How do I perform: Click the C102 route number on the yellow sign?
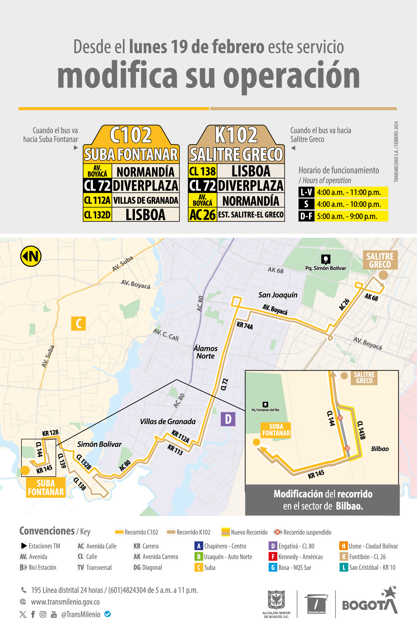coord(131,135)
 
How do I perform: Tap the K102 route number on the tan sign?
coord(236,135)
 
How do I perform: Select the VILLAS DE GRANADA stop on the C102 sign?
coord(145,200)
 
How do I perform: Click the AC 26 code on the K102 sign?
coord(202,215)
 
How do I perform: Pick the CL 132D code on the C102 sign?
coord(97,215)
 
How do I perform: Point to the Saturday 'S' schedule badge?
coord(306,204)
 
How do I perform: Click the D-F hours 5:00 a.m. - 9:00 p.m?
coord(347,216)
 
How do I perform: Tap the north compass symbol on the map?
coord(31,256)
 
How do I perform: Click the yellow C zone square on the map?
coord(78,323)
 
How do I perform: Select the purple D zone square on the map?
coord(228,419)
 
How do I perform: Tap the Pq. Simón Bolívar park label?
coord(326,268)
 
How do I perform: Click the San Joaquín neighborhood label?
coord(278,295)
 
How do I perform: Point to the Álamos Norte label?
coord(205,352)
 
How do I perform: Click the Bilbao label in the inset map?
coord(380,449)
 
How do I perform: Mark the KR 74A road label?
coord(245,326)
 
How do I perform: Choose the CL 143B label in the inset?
coord(361,430)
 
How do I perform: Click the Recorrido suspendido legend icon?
coord(278,532)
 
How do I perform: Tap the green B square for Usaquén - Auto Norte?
coord(199,557)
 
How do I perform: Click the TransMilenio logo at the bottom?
coord(316,604)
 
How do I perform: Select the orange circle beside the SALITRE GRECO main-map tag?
coord(383,275)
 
